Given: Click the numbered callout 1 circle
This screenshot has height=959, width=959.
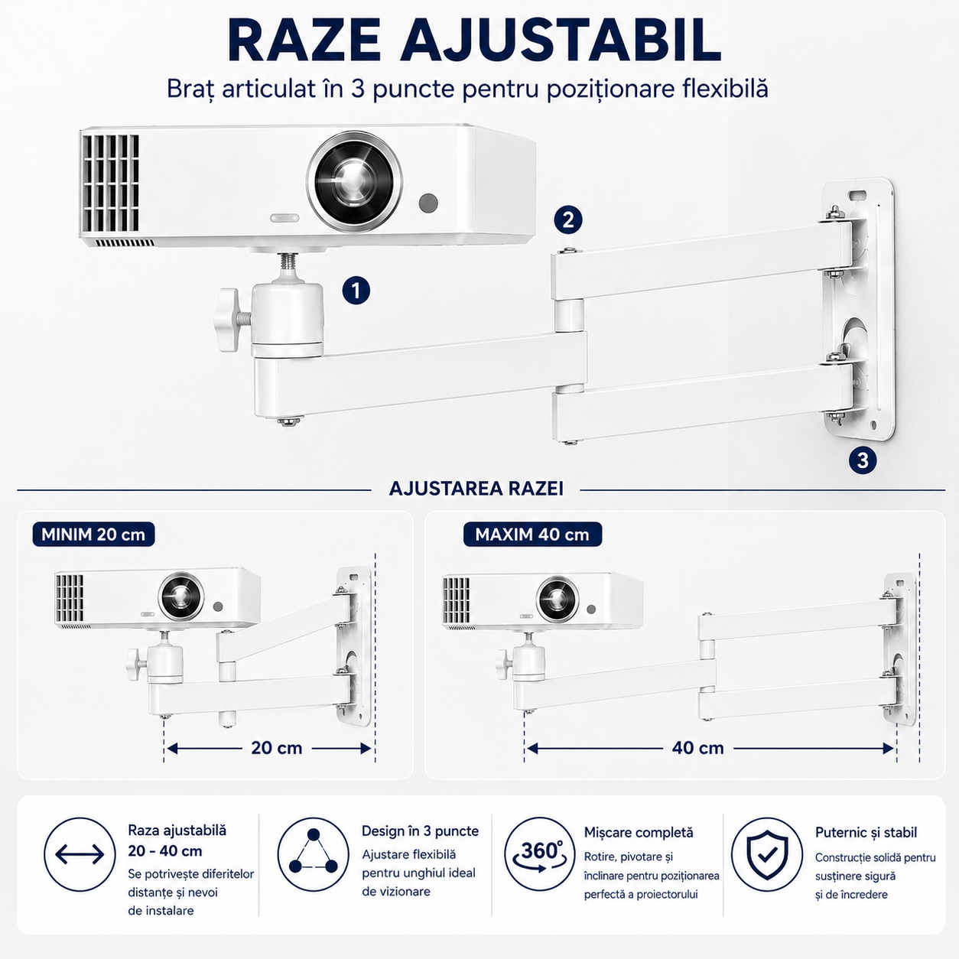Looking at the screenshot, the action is [356, 290].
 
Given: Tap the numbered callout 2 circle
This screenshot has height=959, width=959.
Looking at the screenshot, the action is [568, 220].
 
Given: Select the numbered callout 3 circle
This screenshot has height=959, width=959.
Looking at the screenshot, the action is [863, 460].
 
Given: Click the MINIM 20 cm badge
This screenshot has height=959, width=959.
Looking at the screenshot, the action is [93, 535].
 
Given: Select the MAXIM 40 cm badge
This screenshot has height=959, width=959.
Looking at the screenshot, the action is [532, 535].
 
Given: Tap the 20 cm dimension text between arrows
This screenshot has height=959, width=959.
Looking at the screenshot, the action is [277, 748].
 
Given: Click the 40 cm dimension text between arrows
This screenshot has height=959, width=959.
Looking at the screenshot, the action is [697, 748].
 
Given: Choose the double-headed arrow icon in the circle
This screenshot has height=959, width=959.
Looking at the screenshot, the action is [80, 855].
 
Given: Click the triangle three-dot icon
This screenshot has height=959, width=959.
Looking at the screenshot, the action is [313, 854].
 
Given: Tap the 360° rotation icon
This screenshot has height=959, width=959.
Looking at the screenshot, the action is [541, 854].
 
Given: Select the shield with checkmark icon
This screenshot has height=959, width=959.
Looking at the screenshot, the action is [767, 854].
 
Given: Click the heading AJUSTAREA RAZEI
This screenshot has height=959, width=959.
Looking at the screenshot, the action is [476, 489].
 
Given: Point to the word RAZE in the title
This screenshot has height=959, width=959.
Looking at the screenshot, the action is [304, 41].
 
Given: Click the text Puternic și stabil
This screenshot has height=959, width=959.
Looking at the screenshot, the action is [866, 833].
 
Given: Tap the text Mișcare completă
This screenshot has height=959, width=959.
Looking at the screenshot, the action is [639, 833].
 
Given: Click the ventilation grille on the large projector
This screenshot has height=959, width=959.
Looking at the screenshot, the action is [111, 183].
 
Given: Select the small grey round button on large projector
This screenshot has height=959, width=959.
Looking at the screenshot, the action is [428, 203].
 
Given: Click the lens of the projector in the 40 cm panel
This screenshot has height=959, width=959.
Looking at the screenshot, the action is [558, 599].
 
